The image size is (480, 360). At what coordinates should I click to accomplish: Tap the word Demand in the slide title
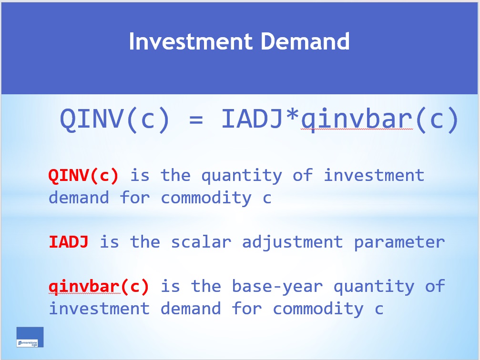click(305, 41)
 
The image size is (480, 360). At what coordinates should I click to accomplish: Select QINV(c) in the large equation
click(115, 119)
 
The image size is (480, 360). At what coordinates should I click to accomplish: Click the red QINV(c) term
click(83, 176)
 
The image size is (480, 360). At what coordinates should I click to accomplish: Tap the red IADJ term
click(69, 242)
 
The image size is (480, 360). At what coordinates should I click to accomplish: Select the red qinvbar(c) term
click(99, 287)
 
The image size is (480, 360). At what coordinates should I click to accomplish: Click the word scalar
click(201, 242)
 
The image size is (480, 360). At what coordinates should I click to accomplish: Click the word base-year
click(277, 287)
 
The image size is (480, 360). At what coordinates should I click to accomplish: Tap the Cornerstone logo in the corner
click(30, 337)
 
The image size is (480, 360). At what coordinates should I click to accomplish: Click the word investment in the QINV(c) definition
click(374, 176)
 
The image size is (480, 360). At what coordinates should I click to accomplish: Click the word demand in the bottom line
click(191, 309)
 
